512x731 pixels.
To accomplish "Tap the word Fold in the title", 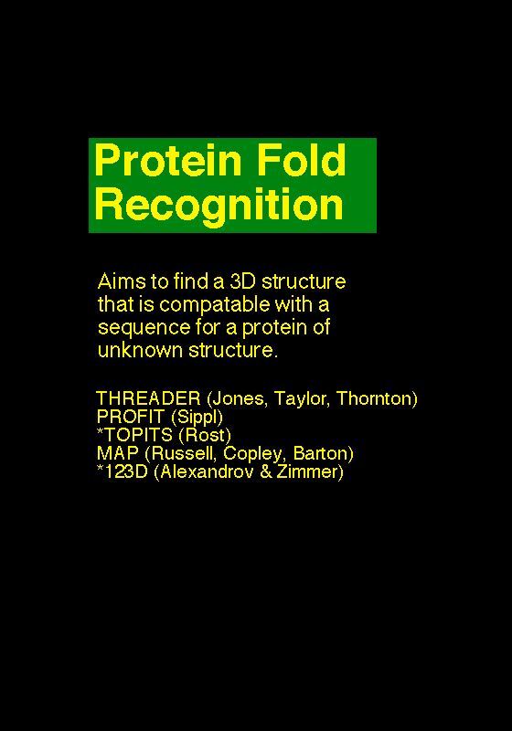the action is [302, 160].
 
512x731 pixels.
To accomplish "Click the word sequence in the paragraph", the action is [144, 328].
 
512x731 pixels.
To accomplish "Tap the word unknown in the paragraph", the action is [141, 350].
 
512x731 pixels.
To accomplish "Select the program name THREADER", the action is [148, 398].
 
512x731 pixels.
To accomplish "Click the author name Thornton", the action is [374, 398].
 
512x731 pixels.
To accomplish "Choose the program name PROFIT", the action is [131, 417].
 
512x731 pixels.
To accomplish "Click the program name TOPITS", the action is [138, 435].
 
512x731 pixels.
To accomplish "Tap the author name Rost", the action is [205, 435].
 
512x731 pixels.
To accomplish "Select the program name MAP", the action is [118, 453].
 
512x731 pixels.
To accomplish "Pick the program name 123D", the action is [126, 471].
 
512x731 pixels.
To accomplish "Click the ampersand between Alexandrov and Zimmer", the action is [266, 471].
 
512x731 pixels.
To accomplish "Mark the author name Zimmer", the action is [307, 471].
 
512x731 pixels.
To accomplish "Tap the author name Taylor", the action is [301, 399].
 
